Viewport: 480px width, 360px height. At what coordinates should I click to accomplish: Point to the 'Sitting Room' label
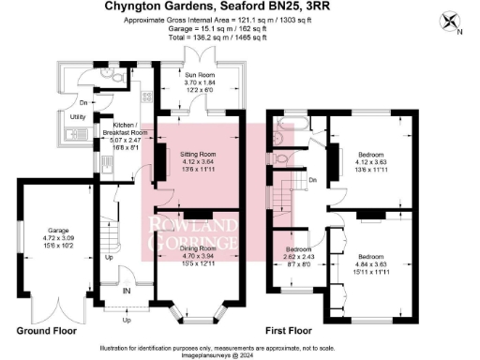pos(198,153)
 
